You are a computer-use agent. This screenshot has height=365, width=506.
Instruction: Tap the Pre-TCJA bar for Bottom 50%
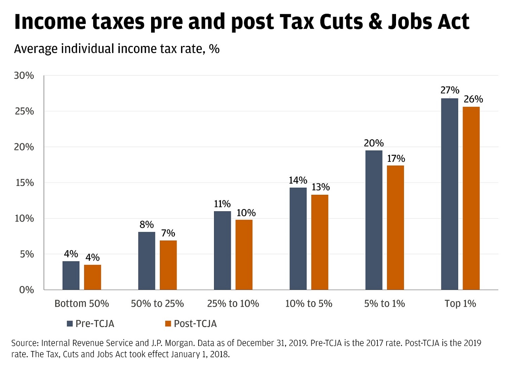[x=71, y=276]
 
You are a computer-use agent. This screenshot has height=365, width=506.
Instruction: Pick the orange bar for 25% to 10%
[x=244, y=254]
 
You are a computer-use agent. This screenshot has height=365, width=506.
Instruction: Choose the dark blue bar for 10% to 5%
[x=298, y=239]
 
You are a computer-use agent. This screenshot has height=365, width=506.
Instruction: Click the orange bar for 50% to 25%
[x=168, y=265]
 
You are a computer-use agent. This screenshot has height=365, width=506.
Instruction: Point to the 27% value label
[x=450, y=91]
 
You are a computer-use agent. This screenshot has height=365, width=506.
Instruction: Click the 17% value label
[x=396, y=159]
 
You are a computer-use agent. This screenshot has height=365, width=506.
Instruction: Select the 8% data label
[x=147, y=225]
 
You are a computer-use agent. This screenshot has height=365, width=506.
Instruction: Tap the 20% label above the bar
[x=374, y=143]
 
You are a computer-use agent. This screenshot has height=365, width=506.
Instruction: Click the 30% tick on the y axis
[x=24, y=75]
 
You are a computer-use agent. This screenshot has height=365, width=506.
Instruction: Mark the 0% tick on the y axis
[x=26, y=290]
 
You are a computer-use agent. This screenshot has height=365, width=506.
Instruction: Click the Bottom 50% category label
[x=82, y=304]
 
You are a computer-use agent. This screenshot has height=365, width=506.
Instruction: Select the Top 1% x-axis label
[x=460, y=304]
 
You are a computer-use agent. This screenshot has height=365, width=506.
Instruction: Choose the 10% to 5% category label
[x=309, y=304]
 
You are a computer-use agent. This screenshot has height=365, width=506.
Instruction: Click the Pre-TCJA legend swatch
[x=70, y=324]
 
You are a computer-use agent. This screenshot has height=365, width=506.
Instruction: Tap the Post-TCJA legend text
[x=195, y=324]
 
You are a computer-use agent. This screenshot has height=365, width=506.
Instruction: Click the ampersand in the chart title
[x=375, y=22]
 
